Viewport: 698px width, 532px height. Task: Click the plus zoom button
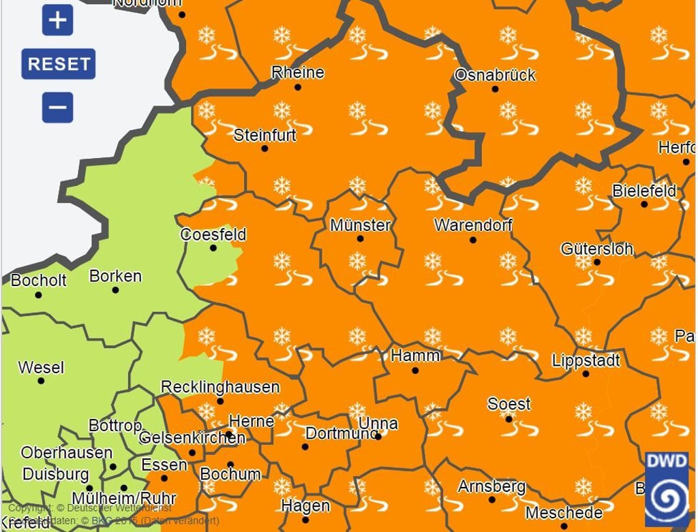coord(57,20)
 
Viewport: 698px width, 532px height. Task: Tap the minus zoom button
coord(57,107)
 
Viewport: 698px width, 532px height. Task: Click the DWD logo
coord(667,490)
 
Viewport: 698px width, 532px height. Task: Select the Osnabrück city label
coord(495,75)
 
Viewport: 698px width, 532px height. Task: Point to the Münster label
coord(360,225)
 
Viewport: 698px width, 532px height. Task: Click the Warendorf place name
coord(473,225)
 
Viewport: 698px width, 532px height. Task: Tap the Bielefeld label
coord(644,191)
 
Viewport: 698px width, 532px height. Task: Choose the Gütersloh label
coord(596,249)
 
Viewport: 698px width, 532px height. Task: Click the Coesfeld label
coord(213,234)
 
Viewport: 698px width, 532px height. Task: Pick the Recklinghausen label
coord(220,387)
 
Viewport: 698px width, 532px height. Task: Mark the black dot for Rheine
coord(297,87)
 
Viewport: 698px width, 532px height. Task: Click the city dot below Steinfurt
coord(264,148)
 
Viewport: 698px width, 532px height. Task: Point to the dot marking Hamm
coord(415,371)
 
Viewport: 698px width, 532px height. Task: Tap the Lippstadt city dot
coord(586,374)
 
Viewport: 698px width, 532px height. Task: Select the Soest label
coord(509,404)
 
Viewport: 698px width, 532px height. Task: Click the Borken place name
coord(115,276)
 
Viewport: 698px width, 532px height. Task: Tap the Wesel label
coord(41,367)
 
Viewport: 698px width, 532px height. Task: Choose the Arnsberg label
coord(491,486)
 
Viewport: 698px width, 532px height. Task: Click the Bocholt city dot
coord(38,295)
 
